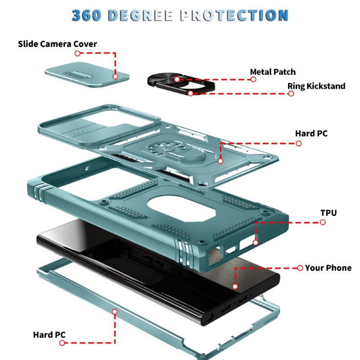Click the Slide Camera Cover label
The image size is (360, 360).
58,44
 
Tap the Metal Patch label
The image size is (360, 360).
273,72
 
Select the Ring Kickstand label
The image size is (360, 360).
316,86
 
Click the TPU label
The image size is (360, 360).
328,213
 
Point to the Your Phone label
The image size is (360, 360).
328,268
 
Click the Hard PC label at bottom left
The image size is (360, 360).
49,335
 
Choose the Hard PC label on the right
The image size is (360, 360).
311,133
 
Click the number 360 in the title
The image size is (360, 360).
86,15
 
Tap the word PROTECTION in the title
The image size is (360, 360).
234,15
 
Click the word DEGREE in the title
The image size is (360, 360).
140,15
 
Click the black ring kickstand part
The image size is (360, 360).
181,84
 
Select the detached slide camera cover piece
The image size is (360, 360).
87,75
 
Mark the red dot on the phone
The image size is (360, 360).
235,286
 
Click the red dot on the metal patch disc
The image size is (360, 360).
177,80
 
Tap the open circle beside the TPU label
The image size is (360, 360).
323,222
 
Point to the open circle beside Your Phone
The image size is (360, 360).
300,268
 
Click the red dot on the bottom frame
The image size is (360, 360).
115,311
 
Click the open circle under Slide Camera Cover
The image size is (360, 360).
77,53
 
